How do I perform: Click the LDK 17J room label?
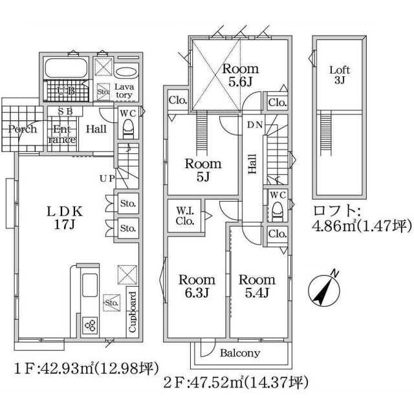pyautogui.click(x=65, y=218)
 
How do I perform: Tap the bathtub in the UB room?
pyautogui.click(x=66, y=68)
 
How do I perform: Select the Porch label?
pyautogui.click(x=23, y=129)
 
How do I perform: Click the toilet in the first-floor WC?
pyautogui.click(x=128, y=129)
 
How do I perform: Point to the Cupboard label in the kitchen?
pyautogui.click(x=132, y=312)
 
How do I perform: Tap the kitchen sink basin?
pyautogui.click(x=90, y=285)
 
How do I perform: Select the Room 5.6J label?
pyautogui.click(x=240, y=75)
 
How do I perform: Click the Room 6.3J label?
pyautogui.click(x=197, y=286)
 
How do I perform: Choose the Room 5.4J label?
pyautogui.click(x=257, y=286)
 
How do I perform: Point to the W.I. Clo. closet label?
pyautogui.click(x=185, y=215)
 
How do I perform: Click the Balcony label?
pyautogui.click(x=240, y=353)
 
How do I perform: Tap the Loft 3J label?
pyautogui.click(x=340, y=75)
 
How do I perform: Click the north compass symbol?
pyautogui.click(x=325, y=289)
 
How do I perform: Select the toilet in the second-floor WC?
pyautogui.click(x=278, y=211)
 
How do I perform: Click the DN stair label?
pyautogui.click(x=255, y=125)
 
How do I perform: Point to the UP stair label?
pyautogui.click(x=107, y=179)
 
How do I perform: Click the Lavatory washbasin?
pyautogui.click(x=126, y=72)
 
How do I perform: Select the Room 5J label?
pyautogui.click(x=202, y=170)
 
